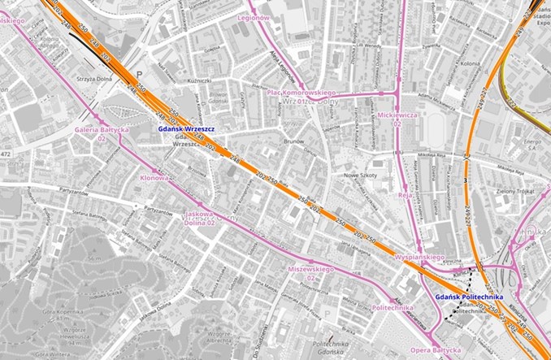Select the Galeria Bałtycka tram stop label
pyautogui.click(x=102, y=129)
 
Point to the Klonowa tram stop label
pyautogui.click(x=154, y=177)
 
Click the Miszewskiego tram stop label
pyautogui.click(x=311, y=267)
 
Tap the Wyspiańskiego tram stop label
pyautogui.click(x=419, y=257)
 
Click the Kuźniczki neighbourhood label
pyautogui.click(x=199, y=80)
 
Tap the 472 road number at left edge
pyautogui.click(x=7, y=154)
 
